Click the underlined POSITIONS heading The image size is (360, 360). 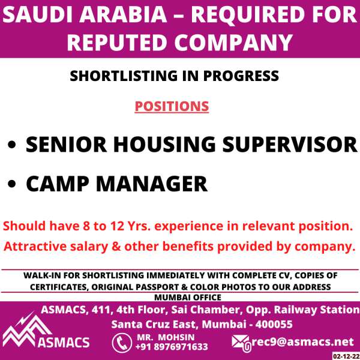point(172,107)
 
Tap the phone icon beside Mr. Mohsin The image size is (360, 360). point(122,343)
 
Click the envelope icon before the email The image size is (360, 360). point(241,343)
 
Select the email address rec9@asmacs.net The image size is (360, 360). point(302,341)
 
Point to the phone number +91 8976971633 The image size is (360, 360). point(172,347)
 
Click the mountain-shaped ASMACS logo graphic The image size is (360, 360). point(26,330)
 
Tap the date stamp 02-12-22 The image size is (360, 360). point(346,356)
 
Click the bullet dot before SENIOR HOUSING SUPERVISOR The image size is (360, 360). point(12,145)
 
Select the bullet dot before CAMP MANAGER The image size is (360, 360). point(12,184)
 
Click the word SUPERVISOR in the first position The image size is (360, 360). point(290,145)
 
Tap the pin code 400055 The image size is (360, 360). point(274,325)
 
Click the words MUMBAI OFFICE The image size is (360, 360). point(188,298)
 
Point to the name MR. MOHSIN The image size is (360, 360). point(166,337)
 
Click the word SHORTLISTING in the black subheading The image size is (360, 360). point(124,76)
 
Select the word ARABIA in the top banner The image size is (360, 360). point(123,14)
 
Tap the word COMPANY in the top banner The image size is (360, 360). point(233,43)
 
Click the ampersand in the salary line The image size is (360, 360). point(116,247)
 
